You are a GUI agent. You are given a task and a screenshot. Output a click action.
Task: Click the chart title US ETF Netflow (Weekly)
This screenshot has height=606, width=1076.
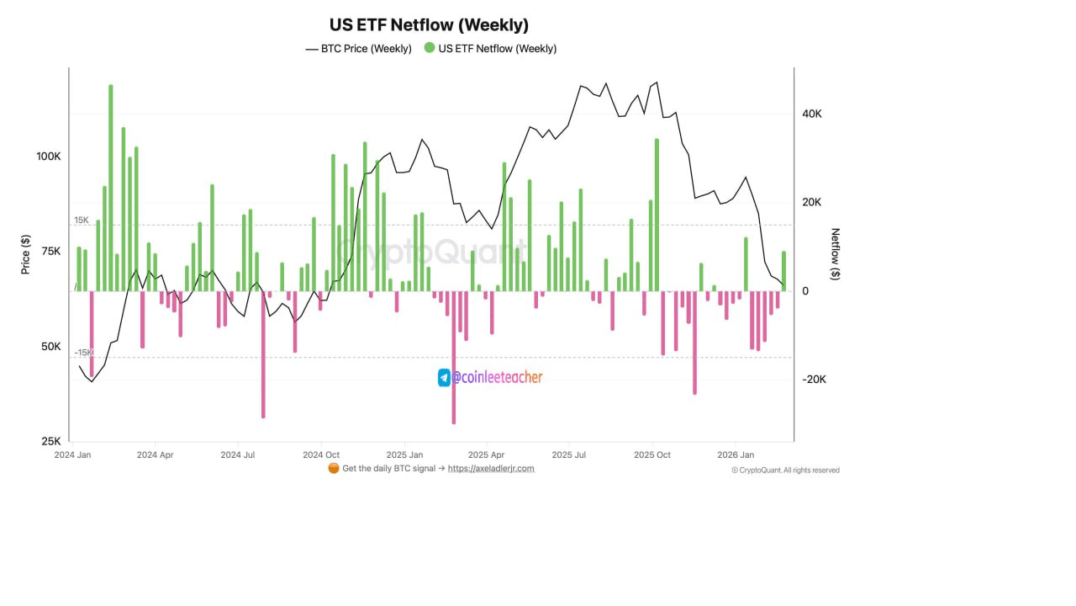point(429,25)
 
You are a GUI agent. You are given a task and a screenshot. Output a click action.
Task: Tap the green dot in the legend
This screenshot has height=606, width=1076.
point(430,48)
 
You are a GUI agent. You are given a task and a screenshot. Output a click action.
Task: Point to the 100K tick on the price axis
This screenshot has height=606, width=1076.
point(48,157)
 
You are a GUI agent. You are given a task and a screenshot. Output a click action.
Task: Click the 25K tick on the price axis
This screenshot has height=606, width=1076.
point(50,441)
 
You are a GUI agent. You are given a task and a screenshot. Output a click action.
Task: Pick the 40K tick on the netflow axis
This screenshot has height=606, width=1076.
point(812,114)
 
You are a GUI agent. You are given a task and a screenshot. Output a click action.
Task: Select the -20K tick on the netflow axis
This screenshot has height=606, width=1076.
point(814,380)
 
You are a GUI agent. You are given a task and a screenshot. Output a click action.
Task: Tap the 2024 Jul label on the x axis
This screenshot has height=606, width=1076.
point(239,455)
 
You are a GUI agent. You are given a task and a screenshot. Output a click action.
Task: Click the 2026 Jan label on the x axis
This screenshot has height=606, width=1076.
point(736,455)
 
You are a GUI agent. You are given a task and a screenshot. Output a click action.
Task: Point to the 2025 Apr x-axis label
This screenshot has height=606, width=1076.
point(487,455)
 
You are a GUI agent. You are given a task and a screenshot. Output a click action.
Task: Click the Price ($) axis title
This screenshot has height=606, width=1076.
point(26,254)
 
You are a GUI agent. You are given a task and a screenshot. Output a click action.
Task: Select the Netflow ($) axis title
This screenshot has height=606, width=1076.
point(835,254)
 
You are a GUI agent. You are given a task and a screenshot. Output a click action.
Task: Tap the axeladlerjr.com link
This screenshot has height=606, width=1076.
point(491,469)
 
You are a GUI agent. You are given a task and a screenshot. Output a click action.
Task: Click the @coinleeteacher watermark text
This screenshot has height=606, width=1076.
point(497,378)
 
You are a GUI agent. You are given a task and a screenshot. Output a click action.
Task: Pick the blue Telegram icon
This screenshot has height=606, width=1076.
point(444,378)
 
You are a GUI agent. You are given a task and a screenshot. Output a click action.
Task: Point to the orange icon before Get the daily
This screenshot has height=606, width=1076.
point(334,469)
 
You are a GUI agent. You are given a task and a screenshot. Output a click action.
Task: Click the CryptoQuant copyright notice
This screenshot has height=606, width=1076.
point(785,470)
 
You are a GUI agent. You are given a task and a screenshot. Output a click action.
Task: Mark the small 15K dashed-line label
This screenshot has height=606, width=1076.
point(82,221)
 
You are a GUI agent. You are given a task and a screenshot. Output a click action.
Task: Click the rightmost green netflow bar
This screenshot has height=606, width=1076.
point(784,271)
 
